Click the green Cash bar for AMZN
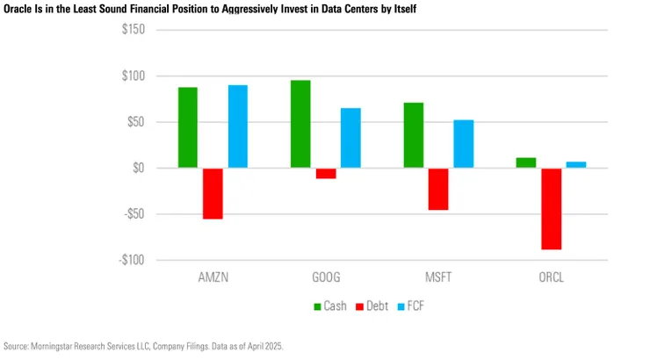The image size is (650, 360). (188, 127)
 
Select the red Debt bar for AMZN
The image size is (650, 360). (213, 193)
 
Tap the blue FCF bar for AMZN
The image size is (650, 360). (238, 126)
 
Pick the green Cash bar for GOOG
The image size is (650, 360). (300, 124)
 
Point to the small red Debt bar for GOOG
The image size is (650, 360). (326, 173)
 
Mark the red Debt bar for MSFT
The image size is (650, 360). (438, 189)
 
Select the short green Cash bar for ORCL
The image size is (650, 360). (526, 162)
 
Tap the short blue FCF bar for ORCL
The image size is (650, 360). (576, 164)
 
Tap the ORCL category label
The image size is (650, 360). (551, 277)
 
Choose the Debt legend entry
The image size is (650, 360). (372, 307)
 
